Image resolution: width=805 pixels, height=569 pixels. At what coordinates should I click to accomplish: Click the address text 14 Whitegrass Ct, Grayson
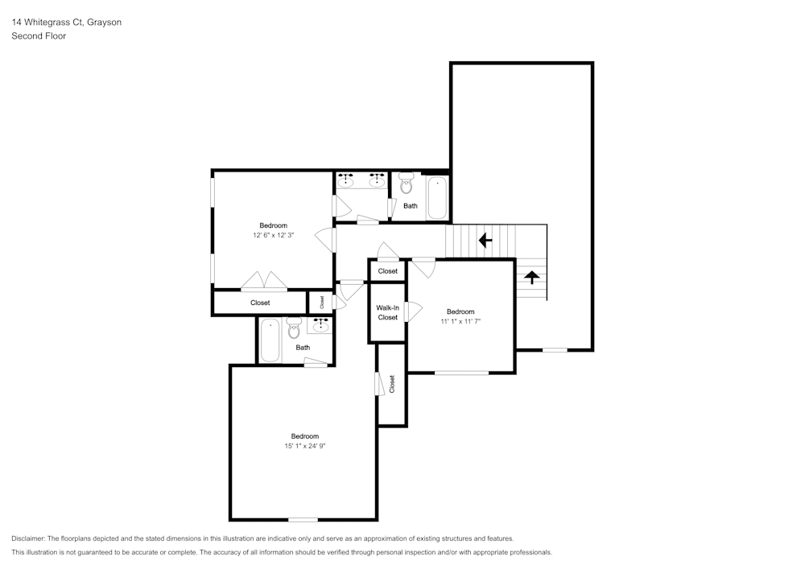[x=66, y=23]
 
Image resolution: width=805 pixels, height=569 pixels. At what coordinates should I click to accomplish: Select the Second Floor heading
[x=39, y=36]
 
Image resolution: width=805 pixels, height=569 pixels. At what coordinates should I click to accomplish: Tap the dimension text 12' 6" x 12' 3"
[x=273, y=235]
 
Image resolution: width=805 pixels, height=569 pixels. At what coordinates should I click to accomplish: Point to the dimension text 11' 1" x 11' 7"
[x=460, y=321]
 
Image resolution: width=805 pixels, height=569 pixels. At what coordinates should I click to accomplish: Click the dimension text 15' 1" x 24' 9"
[x=304, y=446]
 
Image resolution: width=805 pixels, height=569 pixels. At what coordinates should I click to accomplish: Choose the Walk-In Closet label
[x=387, y=312]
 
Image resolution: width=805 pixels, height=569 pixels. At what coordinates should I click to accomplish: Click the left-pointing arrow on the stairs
[x=485, y=240]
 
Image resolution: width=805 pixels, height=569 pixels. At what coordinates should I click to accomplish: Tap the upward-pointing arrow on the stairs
[x=531, y=277]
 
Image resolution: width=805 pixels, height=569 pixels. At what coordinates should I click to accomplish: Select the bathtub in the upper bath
[x=436, y=198]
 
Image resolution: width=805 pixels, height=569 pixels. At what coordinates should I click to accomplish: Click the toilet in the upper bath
[x=407, y=183]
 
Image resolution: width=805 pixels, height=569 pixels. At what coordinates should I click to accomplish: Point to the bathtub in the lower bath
[x=270, y=340]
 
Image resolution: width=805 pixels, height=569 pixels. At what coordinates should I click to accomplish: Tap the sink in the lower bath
[x=322, y=325]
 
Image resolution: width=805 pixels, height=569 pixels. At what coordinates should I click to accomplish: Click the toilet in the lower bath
[x=294, y=328]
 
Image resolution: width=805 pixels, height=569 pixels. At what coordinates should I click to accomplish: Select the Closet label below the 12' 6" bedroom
[x=260, y=303]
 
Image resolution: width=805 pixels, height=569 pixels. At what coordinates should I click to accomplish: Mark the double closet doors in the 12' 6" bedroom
[x=264, y=281]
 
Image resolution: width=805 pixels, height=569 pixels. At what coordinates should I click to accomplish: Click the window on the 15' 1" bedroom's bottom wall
[x=303, y=519]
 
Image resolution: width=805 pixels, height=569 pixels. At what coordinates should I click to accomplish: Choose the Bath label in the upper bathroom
[x=411, y=206]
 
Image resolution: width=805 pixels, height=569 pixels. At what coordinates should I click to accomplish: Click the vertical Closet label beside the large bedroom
[x=392, y=384]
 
